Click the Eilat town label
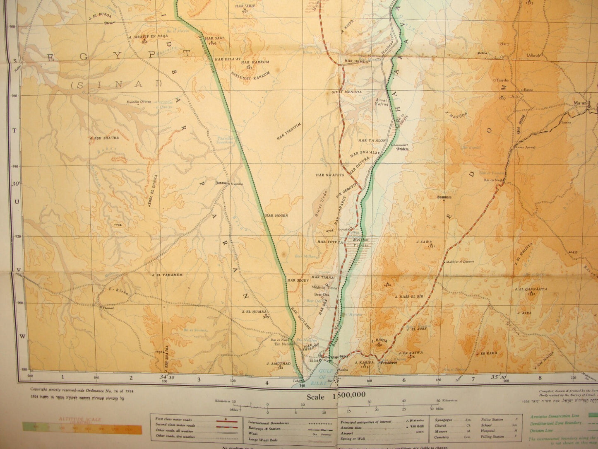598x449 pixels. (x=313, y=361)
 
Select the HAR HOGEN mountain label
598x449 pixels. (x=276, y=215)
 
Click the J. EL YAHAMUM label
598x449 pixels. (x=167, y=275)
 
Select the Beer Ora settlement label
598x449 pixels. (x=322, y=295)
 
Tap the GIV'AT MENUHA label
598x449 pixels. (x=346, y=92)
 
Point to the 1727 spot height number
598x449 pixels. (x=503, y=98)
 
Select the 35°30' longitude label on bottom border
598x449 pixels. (x=499, y=377)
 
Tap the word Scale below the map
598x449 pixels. (x=315, y=396)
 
